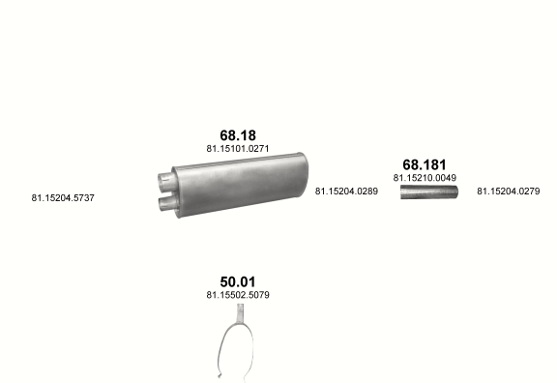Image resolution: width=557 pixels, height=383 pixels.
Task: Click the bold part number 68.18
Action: [x=238, y=135]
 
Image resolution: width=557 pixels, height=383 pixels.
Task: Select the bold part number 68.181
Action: [x=425, y=164]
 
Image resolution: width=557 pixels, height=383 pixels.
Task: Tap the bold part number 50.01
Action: [x=238, y=282]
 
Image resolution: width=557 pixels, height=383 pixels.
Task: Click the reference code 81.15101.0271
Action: [x=238, y=149]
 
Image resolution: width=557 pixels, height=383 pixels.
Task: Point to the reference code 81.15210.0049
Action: [x=425, y=178]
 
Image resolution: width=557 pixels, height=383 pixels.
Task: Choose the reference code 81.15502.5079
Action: [x=238, y=295]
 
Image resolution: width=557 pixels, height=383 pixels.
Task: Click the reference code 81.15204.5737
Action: [x=63, y=198]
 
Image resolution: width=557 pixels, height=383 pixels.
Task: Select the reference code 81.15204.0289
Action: [x=346, y=191]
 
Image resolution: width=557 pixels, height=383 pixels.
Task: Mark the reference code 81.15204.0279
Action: [x=509, y=191]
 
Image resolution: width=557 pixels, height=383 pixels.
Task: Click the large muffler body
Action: [x=240, y=185]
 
